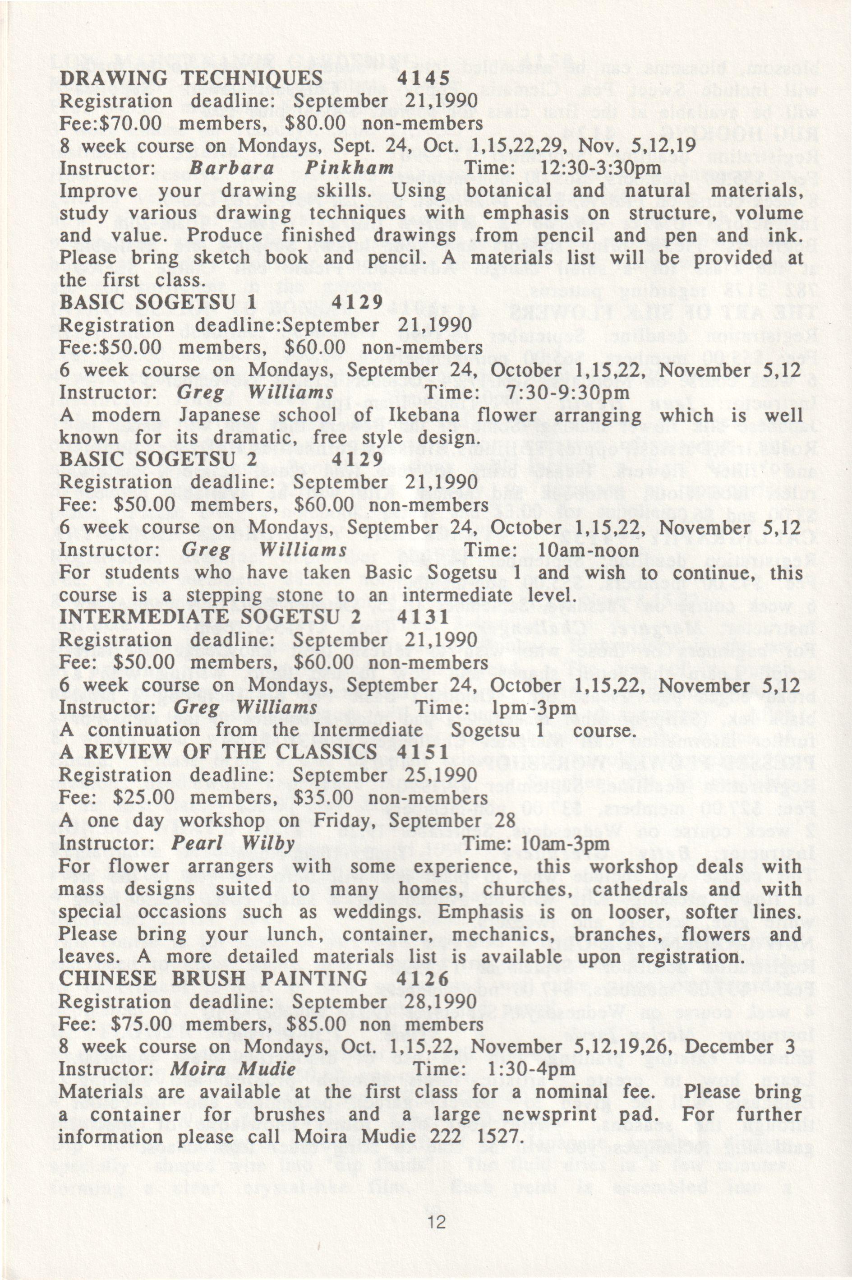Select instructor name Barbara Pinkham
pyautogui.click(x=291, y=168)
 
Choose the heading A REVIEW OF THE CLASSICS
pyautogui.click(x=217, y=752)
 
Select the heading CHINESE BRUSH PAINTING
pyautogui.click(x=212, y=978)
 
